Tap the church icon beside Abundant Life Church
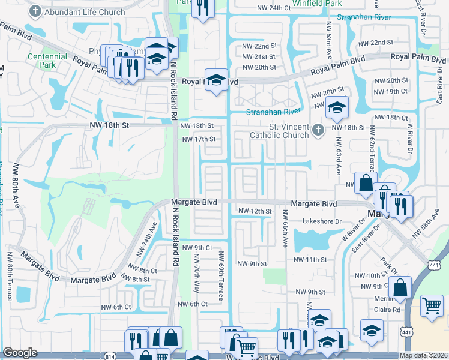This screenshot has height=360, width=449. (37, 11)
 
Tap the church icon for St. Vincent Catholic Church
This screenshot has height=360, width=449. (319, 128)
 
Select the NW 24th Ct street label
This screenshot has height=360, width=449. (270, 8)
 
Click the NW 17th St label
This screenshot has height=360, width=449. (199, 139)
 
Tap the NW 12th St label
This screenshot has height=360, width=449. (255, 211)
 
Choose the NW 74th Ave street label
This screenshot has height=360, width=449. (152, 236)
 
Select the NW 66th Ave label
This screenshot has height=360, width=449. (285, 233)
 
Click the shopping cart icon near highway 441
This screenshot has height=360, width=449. (432, 306)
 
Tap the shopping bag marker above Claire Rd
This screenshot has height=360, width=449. (400, 288)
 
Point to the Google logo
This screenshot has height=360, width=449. (20, 353)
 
